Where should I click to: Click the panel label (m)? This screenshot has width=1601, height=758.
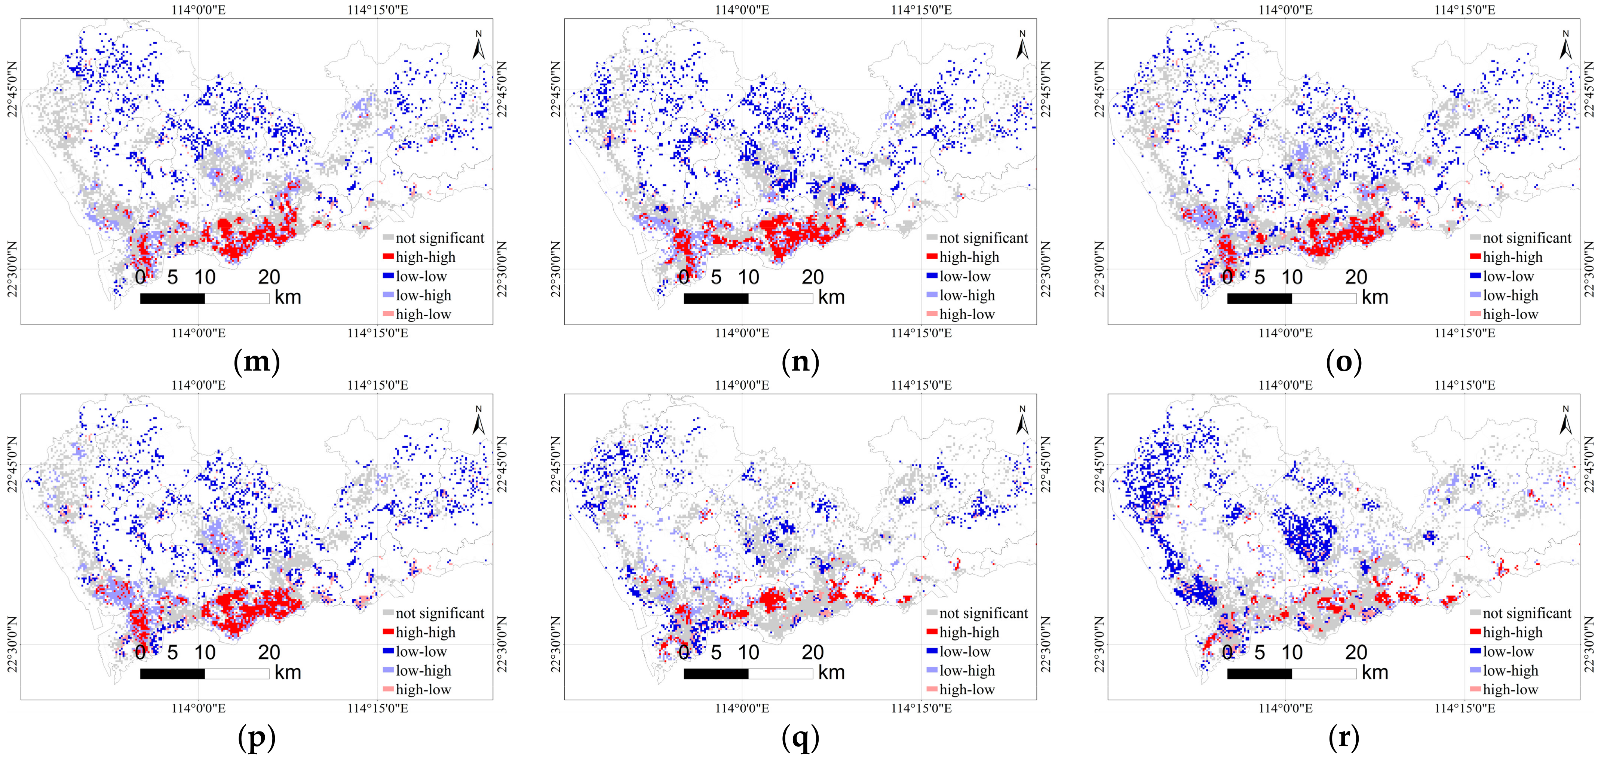pos(256,361)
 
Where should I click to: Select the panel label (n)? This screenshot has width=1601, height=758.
pos(800,361)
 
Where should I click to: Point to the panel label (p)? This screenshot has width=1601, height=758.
pos(256,737)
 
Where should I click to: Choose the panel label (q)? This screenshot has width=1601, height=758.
pos(800,737)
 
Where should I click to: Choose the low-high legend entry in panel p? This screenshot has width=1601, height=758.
pos(416,670)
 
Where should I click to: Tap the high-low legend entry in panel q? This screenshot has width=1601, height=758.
pos(960,689)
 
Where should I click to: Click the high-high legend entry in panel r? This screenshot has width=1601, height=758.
pos(1505,632)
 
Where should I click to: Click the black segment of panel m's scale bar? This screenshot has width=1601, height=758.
pos(172,298)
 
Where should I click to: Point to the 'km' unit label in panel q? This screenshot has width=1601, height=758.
pos(831,672)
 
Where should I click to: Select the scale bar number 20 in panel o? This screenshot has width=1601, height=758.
pos(1356,277)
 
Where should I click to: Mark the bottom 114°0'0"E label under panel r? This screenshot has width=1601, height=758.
pos(1285,708)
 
